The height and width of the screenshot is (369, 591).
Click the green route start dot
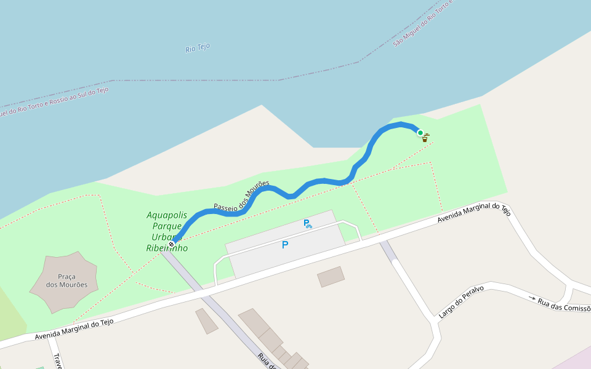(420, 133)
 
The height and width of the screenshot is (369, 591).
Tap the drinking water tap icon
(425, 138)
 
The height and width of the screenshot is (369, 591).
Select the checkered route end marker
(171, 245)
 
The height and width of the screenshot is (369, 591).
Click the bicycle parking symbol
(307, 224)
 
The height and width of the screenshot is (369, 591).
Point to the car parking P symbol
(285, 245)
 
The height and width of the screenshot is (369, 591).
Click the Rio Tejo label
(198, 47)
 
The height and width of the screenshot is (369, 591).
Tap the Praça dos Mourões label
(67, 280)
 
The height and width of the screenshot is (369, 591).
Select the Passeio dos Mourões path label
(241, 196)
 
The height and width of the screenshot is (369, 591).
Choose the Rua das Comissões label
(564, 304)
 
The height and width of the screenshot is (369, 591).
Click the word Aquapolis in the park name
(166, 215)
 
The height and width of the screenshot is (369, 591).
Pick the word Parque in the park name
(166, 226)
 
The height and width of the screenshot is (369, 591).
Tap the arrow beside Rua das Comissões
(532, 298)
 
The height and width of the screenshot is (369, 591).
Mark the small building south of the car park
(331, 277)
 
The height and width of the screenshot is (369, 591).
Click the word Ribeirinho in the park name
(166, 248)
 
